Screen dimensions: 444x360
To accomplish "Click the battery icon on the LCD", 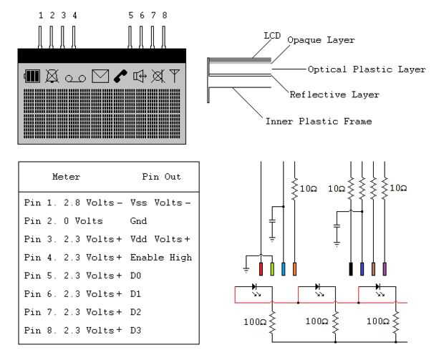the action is (x=32, y=76).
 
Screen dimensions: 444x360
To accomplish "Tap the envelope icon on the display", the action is (x=100, y=76).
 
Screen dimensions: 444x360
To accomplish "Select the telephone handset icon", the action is (x=120, y=76).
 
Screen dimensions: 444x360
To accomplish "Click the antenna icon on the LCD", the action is (x=175, y=75).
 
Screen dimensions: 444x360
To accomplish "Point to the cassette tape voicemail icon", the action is (x=75, y=79).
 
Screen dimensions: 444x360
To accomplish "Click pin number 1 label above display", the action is (x=41, y=15).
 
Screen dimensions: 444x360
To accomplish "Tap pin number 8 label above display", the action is (x=165, y=15).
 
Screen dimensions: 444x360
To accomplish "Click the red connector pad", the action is (x=261, y=269).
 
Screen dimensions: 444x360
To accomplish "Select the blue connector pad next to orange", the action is (x=284, y=269).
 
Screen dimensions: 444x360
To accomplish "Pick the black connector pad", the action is (x=351, y=269).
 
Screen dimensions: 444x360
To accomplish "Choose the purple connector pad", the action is (x=385, y=269).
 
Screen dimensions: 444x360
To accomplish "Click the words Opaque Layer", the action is (x=321, y=40).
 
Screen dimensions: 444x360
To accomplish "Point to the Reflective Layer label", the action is (x=334, y=94).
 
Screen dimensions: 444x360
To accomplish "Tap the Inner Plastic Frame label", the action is (x=319, y=122).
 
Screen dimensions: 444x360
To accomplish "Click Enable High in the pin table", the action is (x=161, y=258).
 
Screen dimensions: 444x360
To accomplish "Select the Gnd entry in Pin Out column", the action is (x=138, y=220).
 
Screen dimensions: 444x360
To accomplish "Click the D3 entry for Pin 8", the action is (x=135, y=330).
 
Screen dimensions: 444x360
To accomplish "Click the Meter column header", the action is (x=67, y=177).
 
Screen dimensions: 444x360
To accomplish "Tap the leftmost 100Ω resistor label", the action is (x=255, y=322).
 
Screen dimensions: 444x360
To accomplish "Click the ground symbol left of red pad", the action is (x=246, y=269).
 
